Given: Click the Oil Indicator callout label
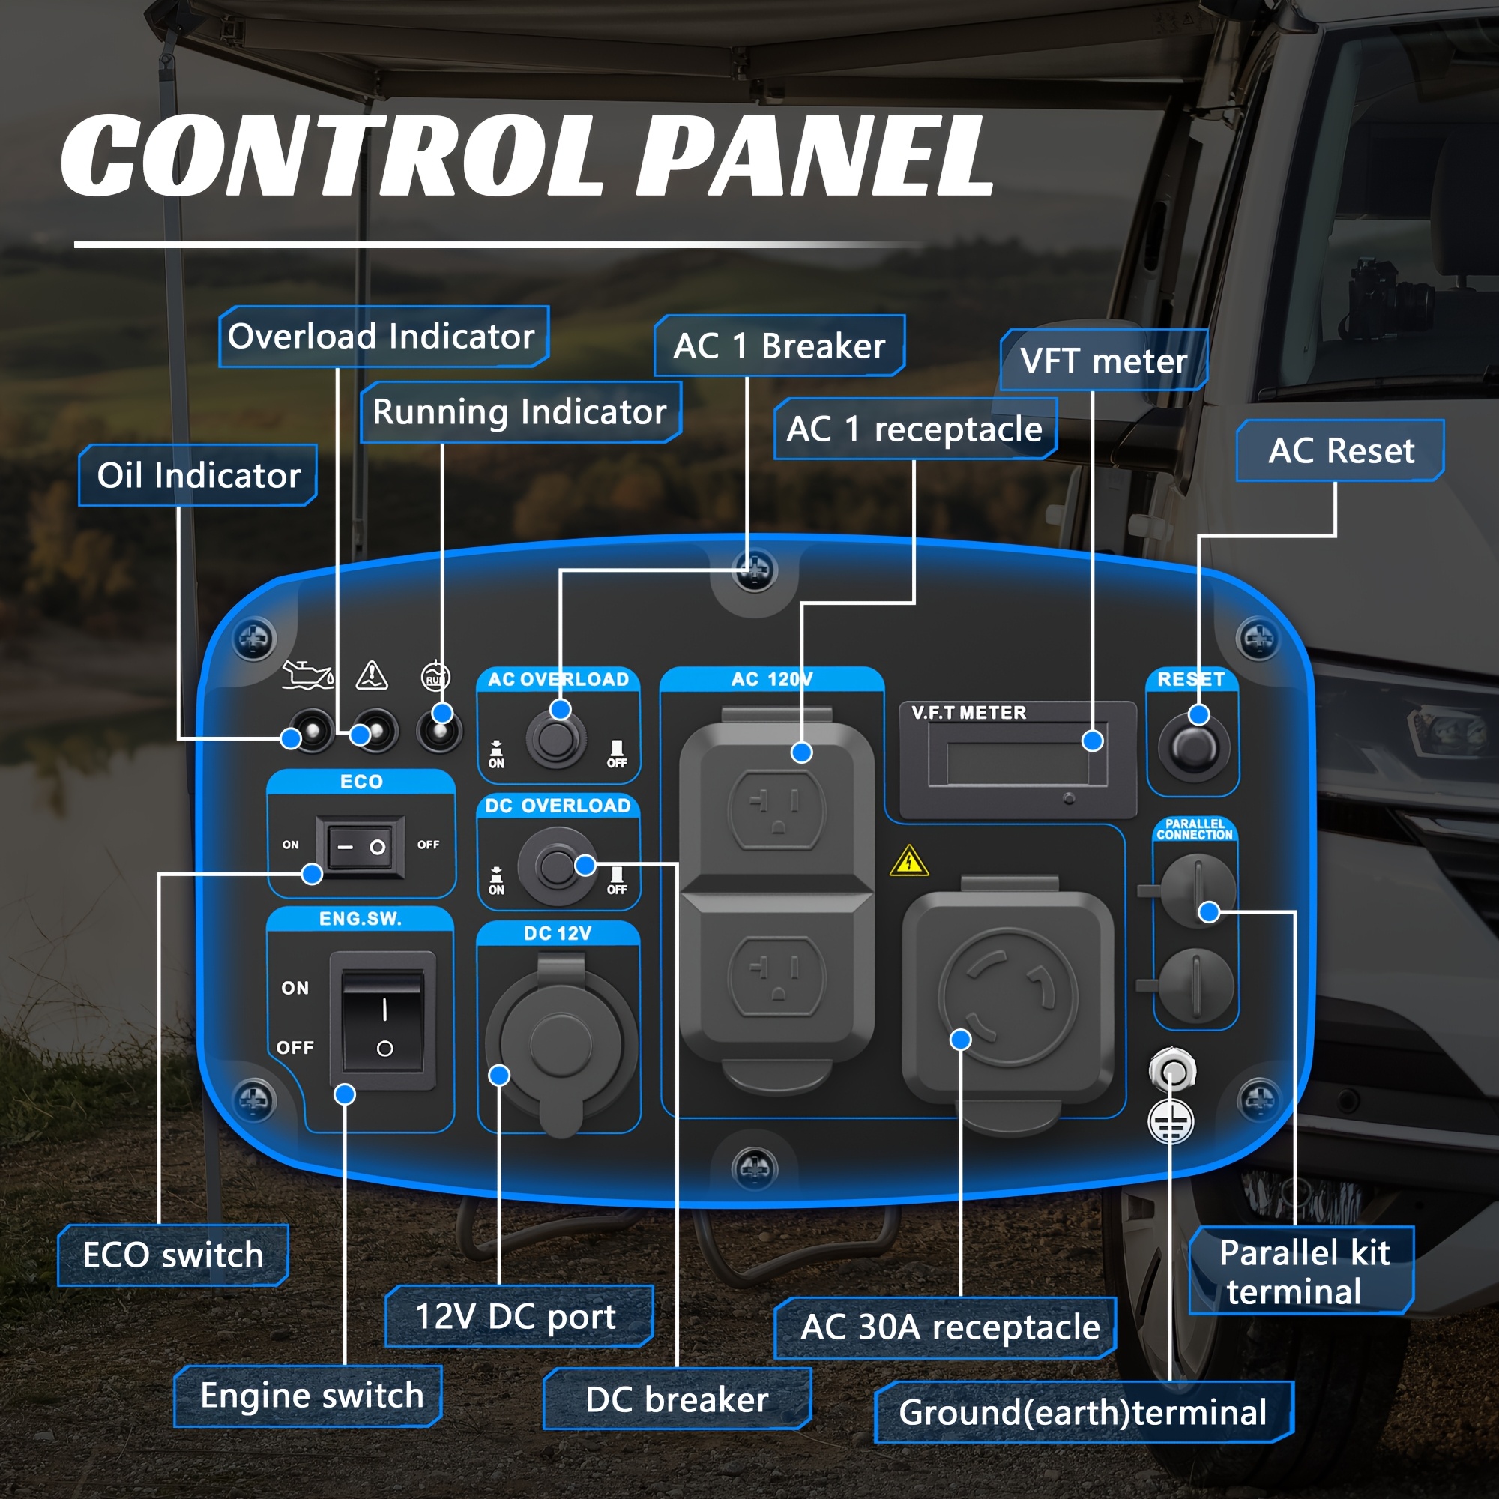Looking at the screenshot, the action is click(x=198, y=475).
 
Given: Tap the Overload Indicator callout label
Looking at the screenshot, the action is click(x=383, y=336).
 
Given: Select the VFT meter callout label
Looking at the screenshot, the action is click(x=1103, y=360).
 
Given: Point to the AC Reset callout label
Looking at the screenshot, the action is click(x=1340, y=450).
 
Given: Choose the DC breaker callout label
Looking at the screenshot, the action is click(x=677, y=1399).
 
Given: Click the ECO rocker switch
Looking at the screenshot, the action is click(x=361, y=846).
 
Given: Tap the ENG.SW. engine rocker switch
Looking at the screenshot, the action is click(x=382, y=1020).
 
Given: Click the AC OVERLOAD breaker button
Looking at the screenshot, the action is click(x=556, y=740).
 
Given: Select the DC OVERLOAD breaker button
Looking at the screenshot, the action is click(x=556, y=866).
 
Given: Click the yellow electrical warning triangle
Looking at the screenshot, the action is click(x=909, y=861).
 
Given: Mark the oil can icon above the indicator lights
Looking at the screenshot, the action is click(x=308, y=675).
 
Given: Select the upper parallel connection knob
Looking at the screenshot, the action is click(x=1197, y=890).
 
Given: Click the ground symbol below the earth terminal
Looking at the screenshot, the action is click(x=1171, y=1122).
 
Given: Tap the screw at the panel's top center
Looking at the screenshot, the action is click(x=754, y=570).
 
